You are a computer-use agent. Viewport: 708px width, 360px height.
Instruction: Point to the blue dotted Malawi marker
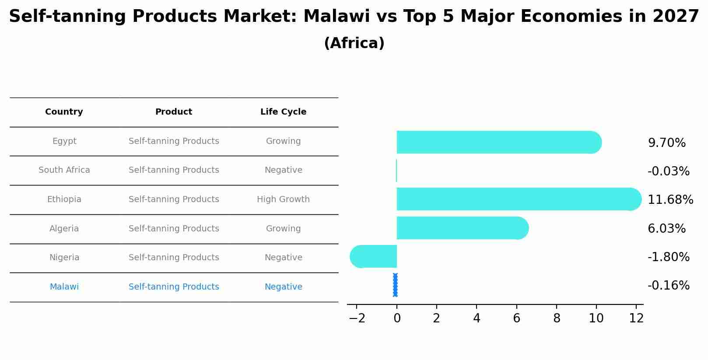pos(395,285)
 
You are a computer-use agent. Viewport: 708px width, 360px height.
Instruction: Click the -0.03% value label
pos(668,171)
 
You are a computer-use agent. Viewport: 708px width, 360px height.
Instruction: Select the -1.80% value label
pos(668,257)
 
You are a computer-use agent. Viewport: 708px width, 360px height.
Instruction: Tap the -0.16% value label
pos(668,286)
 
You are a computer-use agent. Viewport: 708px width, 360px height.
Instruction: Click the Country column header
pos(64,112)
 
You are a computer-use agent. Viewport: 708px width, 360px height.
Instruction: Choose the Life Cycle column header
pos(283,112)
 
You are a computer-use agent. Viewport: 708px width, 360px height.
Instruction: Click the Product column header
pos(174,112)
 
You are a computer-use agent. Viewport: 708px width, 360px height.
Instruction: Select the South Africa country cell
pos(64,170)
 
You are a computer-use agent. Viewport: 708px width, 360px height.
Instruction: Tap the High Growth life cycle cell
pos(283,199)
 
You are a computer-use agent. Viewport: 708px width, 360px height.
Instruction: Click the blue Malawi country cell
pos(64,287)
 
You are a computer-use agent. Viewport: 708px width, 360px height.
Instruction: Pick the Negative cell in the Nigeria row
pos(283,258)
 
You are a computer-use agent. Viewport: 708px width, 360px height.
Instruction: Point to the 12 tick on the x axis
pos(636,318)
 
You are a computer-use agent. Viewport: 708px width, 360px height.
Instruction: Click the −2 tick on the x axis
pos(357,318)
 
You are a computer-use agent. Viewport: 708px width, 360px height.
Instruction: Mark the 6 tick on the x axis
pos(517,318)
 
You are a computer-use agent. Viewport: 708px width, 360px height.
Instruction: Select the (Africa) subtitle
pos(354,43)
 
